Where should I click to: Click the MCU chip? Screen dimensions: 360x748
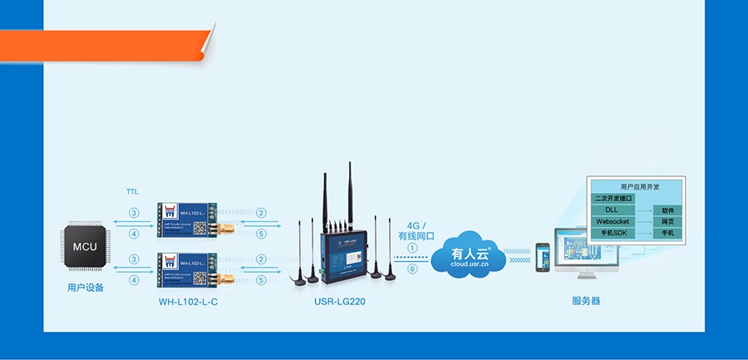pyautogui.click(x=85, y=247)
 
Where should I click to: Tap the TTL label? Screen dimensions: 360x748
pyautogui.click(x=133, y=191)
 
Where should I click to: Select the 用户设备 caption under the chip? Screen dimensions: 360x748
pyautogui.click(x=85, y=288)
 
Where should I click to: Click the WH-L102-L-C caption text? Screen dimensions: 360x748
pyautogui.click(x=188, y=301)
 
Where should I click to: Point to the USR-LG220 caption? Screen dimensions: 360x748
pyautogui.click(x=339, y=301)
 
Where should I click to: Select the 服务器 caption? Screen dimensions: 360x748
pyautogui.click(x=586, y=301)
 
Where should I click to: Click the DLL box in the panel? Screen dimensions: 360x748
pyautogui.click(x=613, y=210)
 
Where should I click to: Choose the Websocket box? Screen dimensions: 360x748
pyautogui.click(x=613, y=222)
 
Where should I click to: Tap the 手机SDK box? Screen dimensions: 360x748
pyautogui.click(x=613, y=234)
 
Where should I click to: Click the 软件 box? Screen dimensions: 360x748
pyautogui.click(x=667, y=210)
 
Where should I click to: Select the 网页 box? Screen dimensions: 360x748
pyautogui.click(x=667, y=222)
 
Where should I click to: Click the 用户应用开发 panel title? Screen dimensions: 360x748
pyautogui.click(x=637, y=186)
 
